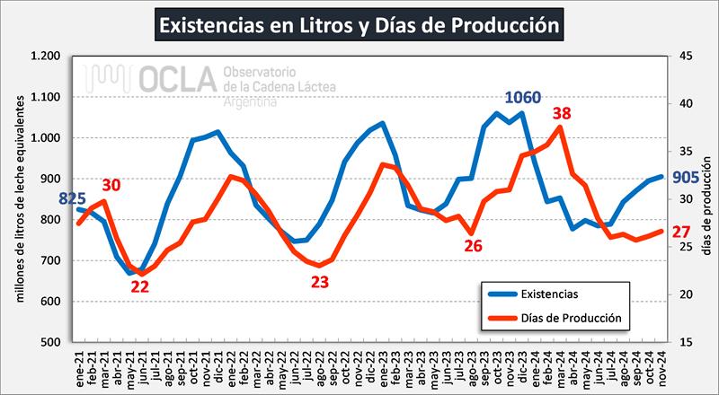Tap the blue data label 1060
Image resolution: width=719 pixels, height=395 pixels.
click(x=523, y=98)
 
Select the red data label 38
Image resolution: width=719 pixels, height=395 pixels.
click(x=562, y=114)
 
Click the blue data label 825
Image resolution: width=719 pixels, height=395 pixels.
click(x=73, y=198)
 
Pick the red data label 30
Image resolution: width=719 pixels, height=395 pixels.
click(x=111, y=186)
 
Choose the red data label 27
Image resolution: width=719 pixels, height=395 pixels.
click(x=682, y=232)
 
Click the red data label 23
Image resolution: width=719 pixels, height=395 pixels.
click(x=320, y=282)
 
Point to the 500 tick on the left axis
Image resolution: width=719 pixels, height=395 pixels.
click(x=51, y=342)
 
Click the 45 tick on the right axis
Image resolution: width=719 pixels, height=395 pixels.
click(x=686, y=57)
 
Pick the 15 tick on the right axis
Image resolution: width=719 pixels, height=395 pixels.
click(x=686, y=342)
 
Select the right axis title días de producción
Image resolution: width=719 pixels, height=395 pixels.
click(x=707, y=199)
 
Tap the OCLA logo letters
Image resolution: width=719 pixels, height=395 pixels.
click(x=171, y=80)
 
